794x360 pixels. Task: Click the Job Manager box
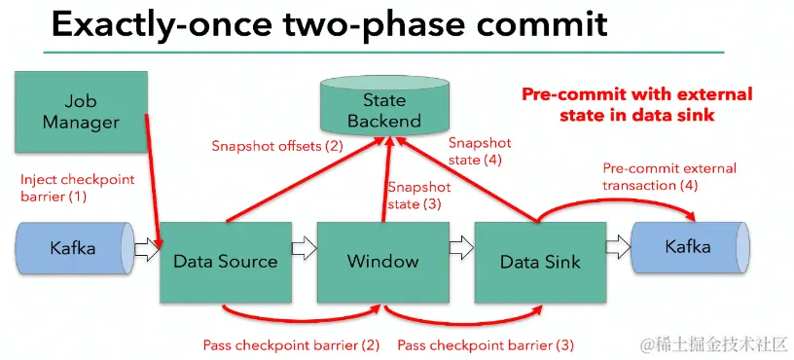(81, 111)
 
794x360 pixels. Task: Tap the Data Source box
(226, 263)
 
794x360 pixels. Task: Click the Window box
(382, 263)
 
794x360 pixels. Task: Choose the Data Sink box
(540, 263)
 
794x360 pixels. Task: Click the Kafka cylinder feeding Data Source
(75, 248)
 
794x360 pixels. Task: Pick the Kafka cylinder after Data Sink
(690, 247)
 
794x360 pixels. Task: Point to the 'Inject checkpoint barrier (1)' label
(78, 188)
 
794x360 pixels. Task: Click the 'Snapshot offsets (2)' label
(277, 147)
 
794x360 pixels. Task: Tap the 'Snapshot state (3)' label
(418, 196)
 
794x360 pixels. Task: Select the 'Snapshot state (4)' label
(480, 152)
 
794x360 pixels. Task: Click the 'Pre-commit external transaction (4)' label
(668, 177)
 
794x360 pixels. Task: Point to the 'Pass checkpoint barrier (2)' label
(291, 345)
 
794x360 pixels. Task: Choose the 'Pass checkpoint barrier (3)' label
(486, 345)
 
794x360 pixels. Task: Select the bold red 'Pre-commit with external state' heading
(637, 104)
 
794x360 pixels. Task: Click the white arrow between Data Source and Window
(305, 247)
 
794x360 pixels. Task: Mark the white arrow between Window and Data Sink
(462, 247)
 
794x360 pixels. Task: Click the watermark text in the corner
(715, 344)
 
